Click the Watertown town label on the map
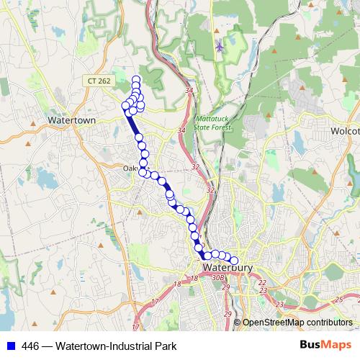pos(71,120)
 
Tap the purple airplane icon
pos(220,48)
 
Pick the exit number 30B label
pos(219,276)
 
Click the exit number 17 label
pos(155,302)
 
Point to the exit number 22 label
pos(262,283)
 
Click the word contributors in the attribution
pos(332,323)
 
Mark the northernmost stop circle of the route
pos(136,79)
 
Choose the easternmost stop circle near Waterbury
pos(233,261)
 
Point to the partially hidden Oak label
pos(130,169)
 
